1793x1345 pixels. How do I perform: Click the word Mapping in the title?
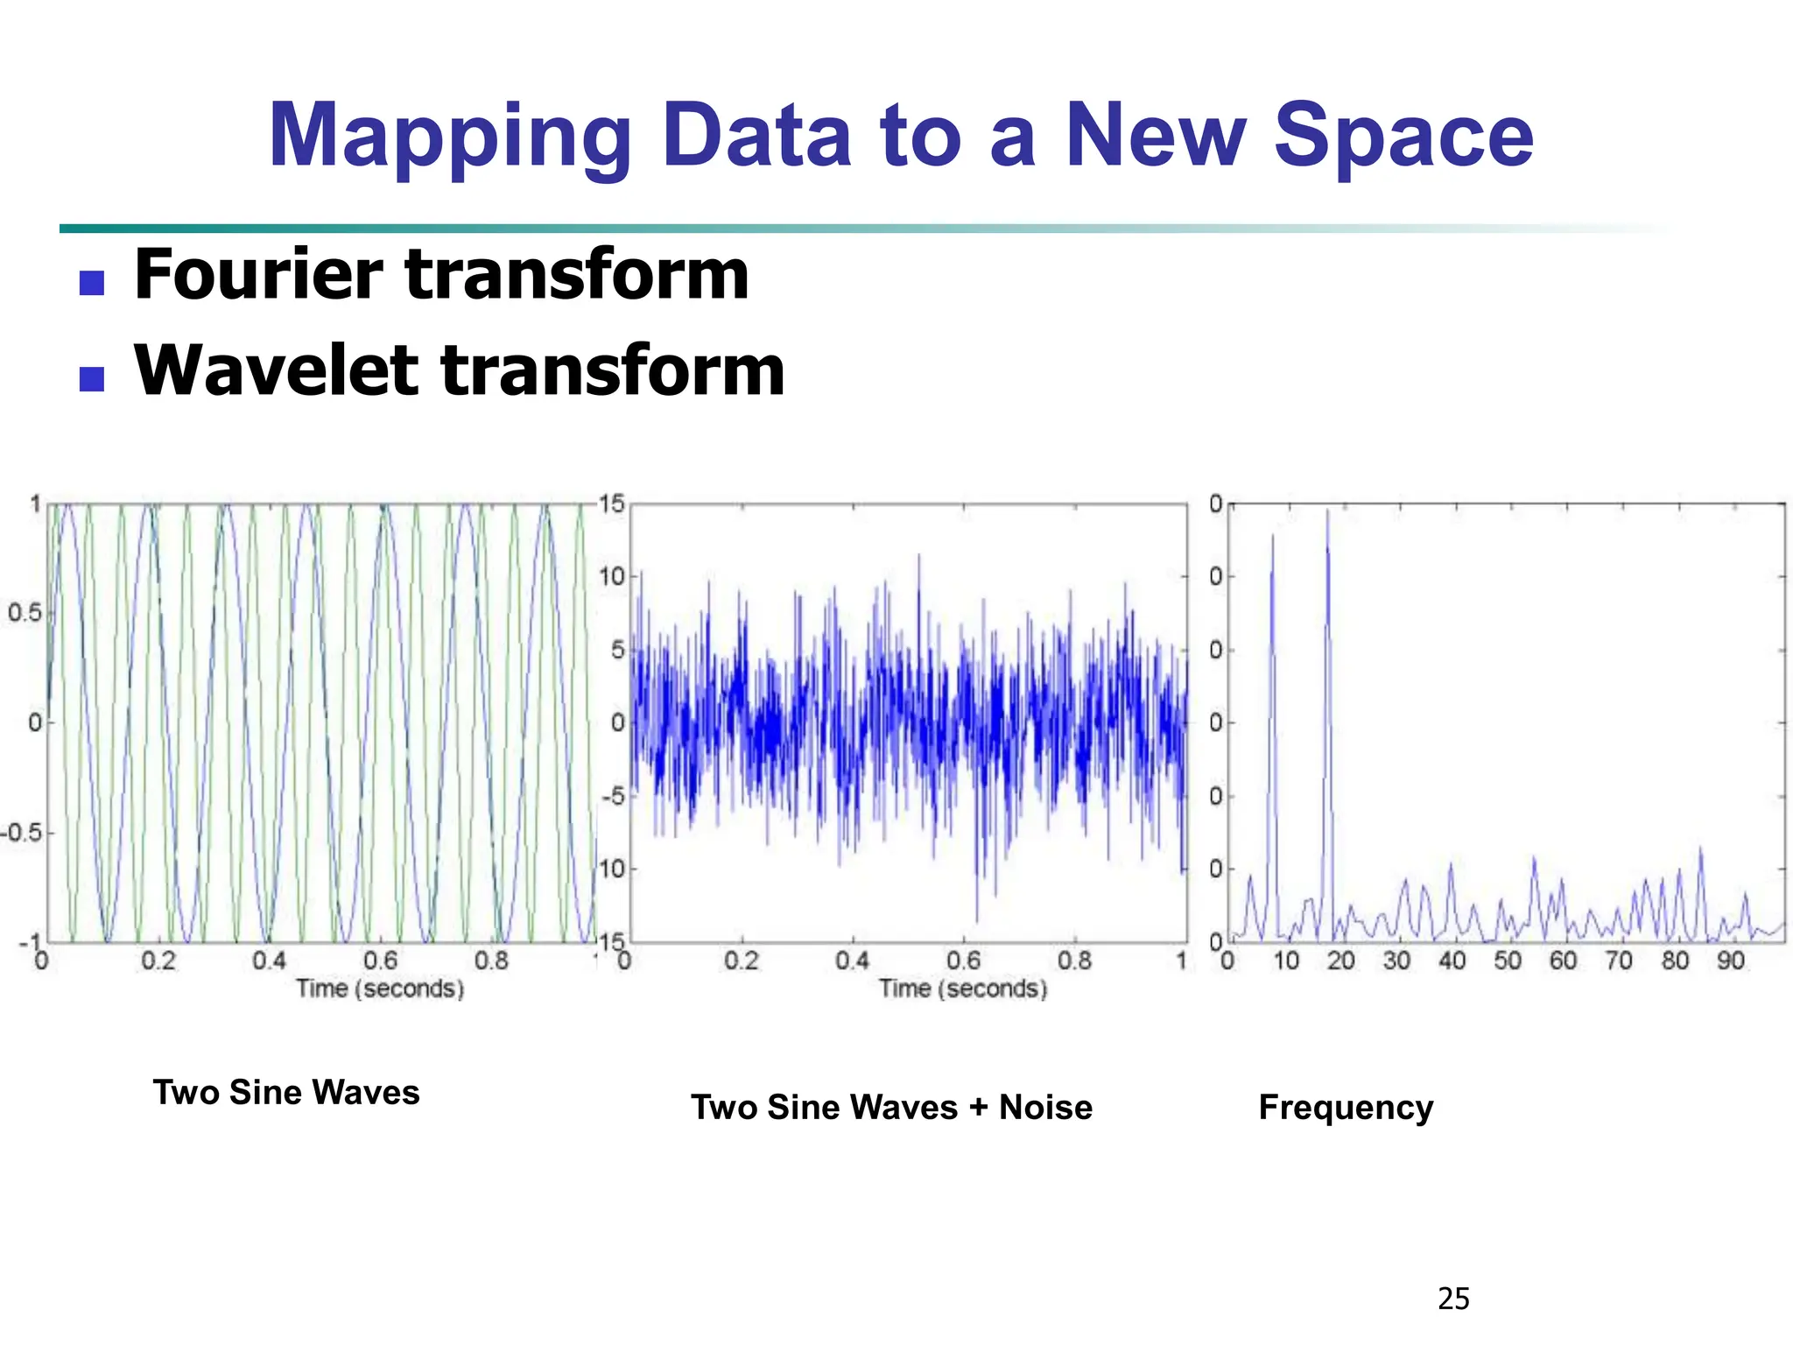449,137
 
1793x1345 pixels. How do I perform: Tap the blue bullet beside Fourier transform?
92,283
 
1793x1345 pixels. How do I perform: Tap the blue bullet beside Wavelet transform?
92,378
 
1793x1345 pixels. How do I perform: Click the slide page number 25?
1453,1298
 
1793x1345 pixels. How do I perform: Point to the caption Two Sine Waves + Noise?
891,1107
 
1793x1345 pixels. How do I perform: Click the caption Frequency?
1346,1107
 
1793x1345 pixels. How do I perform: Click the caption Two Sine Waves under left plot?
286,1092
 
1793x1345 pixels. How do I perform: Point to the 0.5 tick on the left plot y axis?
25,612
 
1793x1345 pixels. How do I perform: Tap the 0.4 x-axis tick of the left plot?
269,961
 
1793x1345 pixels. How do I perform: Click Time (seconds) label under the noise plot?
963,989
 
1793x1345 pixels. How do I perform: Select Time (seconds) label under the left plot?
380,989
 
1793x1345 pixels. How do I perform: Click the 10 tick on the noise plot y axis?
612,576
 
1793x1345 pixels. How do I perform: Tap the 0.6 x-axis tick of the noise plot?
963,961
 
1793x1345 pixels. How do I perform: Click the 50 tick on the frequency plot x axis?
1508,961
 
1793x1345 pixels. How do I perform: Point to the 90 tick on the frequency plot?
1731,961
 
